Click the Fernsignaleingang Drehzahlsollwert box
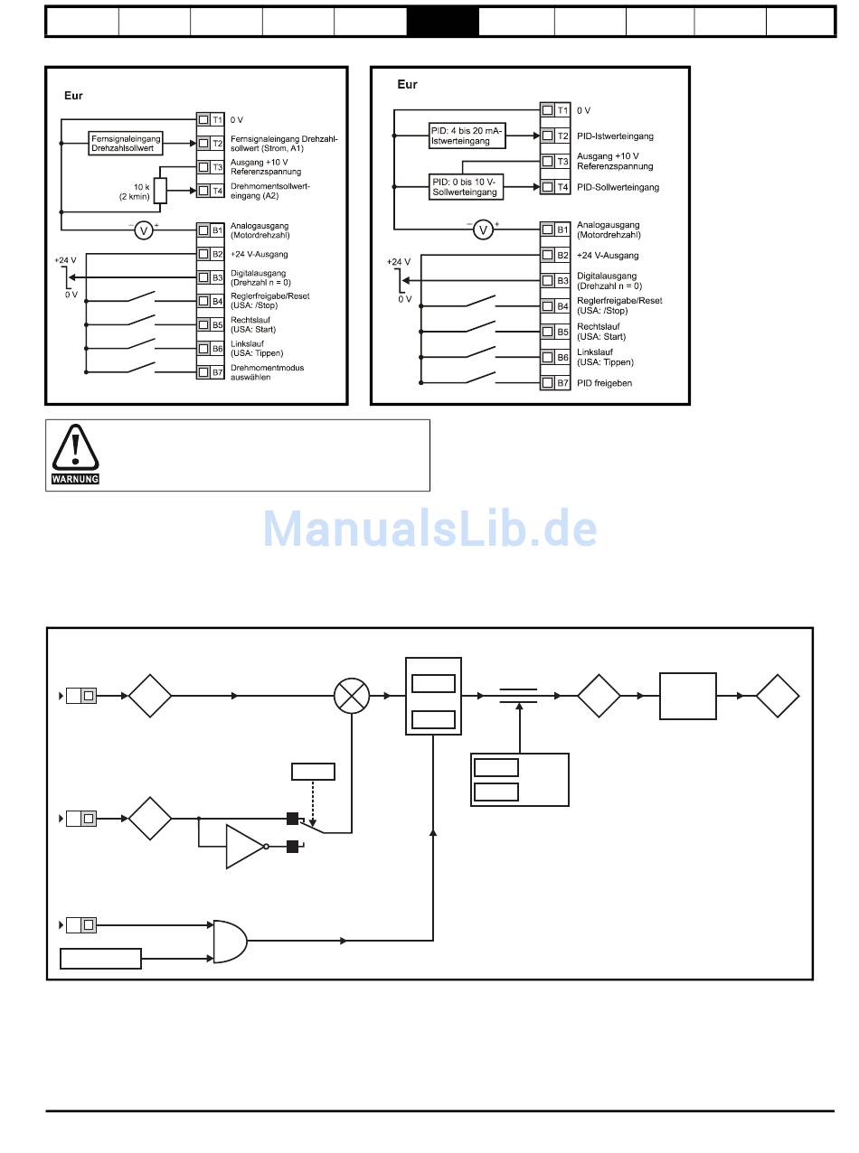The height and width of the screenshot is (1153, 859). [127, 143]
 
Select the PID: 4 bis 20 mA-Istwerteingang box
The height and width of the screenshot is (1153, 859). [467, 136]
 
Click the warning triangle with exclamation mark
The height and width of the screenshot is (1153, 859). [75, 448]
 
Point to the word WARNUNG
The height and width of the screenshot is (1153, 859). [75, 479]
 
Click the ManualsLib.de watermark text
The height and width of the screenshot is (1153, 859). [429, 529]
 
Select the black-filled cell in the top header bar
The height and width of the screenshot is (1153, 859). [442, 22]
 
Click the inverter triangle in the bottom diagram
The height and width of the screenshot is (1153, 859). [244, 846]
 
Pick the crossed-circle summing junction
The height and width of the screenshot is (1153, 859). [352, 696]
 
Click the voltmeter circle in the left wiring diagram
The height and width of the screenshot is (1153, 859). [143, 230]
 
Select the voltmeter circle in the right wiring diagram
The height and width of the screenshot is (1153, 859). [484, 230]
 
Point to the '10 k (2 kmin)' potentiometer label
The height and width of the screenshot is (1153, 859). [135, 191]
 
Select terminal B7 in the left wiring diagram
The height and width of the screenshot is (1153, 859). [211, 372]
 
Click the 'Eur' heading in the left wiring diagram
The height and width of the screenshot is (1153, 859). [73, 95]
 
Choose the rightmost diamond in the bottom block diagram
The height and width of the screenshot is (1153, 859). [778, 696]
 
